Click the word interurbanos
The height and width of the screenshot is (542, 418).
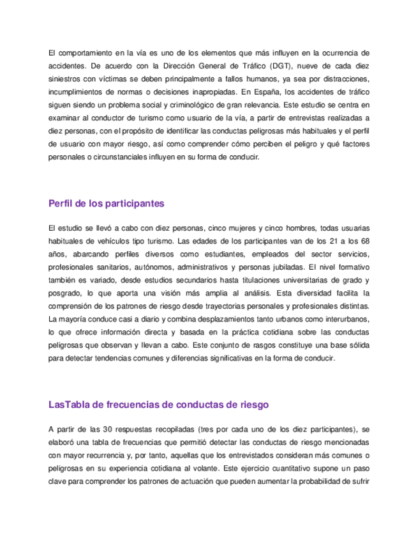pos(342,318)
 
